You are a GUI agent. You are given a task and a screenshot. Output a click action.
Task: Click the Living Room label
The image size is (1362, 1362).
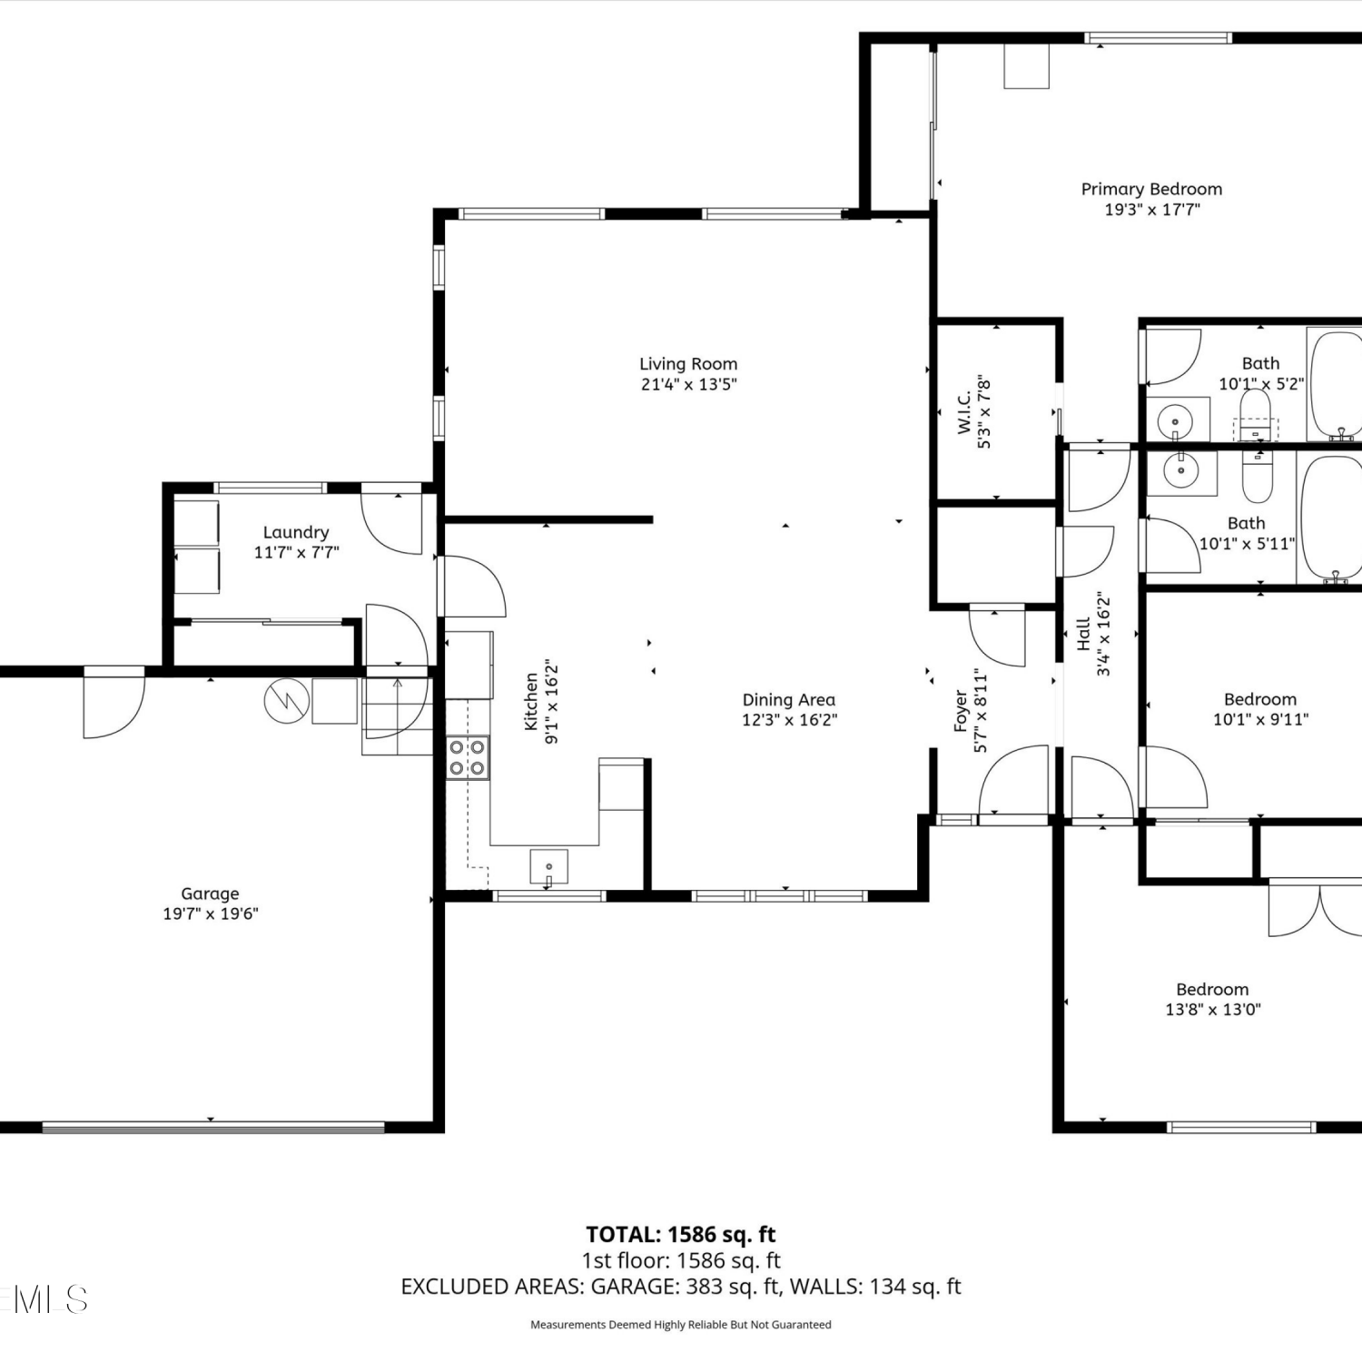(x=688, y=364)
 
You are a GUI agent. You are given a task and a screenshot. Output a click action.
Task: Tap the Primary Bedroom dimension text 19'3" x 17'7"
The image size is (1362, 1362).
(x=1152, y=210)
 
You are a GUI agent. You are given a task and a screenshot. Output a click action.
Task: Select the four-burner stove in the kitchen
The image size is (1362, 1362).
(x=468, y=757)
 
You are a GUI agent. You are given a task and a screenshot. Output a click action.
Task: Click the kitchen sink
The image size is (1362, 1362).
(x=549, y=866)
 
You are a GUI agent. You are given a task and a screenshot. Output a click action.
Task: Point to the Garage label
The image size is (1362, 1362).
(x=210, y=894)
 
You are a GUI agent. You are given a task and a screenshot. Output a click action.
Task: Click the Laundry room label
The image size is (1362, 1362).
(x=296, y=532)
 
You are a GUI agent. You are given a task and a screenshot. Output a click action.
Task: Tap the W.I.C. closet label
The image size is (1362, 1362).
(x=964, y=412)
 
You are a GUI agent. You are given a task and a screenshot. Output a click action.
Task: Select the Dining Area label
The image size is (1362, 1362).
(x=789, y=700)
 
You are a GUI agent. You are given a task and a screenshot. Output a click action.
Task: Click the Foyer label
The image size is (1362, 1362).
(x=961, y=711)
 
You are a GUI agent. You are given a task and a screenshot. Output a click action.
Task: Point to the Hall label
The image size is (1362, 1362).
(x=1083, y=634)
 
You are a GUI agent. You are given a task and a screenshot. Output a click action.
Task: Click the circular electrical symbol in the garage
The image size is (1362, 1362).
(x=287, y=701)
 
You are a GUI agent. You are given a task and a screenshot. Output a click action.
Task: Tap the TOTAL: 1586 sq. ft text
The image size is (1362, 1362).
(x=681, y=1235)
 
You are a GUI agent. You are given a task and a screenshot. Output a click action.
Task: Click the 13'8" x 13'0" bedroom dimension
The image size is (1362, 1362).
(x=1213, y=1010)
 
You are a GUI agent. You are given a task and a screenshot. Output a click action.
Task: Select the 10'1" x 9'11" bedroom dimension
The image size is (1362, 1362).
(x=1261, y=720)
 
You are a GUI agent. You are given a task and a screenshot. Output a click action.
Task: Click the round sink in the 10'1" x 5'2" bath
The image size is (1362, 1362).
(x=1177, y=421)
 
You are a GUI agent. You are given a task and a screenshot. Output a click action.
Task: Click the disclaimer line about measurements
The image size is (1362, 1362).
(x=681, y=1325)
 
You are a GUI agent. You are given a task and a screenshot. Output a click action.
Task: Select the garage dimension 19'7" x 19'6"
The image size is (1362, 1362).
(x=211, y=914)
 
